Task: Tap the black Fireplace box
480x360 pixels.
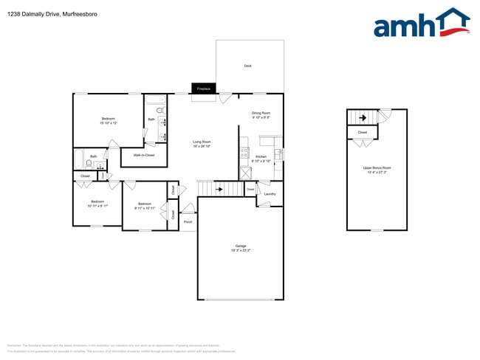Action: (x=203, y=89)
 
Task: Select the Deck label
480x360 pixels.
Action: (x=248, y=66)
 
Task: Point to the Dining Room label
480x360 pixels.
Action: (x=261, y=114)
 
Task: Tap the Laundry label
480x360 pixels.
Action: (x=269, y=194)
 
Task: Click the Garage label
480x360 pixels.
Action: (x=240, y=248)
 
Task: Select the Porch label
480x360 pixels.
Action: (x=188, y=221)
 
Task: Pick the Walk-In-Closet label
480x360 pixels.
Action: (x=143, y=156)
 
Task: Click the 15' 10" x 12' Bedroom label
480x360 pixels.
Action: (x=108, y=120)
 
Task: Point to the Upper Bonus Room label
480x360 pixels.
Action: (x=377, y=170)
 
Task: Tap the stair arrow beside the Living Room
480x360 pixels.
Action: (x=219, y=190)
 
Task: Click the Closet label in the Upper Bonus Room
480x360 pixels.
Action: (x=362, y=133)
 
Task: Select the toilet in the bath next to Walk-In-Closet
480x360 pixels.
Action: (x=160, y=111)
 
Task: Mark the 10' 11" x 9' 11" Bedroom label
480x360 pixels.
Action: (x=97, y=204)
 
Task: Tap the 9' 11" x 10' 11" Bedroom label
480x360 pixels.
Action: (x=144, y=206)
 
